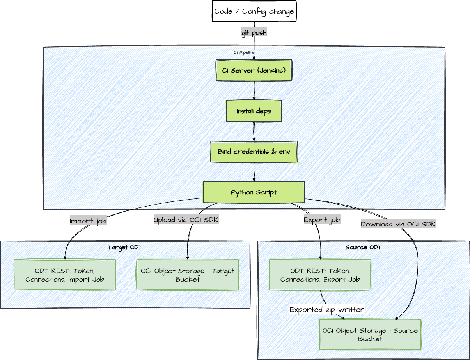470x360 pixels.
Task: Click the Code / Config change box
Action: point(254,11)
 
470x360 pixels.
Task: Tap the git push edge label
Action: point(254,33)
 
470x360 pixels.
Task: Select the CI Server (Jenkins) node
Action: point(254,71)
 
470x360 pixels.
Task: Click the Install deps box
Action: point(254,111)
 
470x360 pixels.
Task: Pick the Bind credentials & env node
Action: point(254,151)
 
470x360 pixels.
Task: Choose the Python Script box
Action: point(254,192)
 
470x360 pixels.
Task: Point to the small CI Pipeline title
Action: point(244,52)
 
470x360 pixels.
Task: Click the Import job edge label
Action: point(88,221)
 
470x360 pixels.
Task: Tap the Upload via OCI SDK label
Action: point(186,220)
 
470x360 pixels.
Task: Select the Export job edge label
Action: point(322,220)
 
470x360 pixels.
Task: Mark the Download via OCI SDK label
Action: point(398,224)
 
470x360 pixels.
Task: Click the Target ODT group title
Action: point(125,248)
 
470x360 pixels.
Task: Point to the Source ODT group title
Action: point(363,248)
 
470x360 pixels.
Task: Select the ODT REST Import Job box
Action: point(65,275)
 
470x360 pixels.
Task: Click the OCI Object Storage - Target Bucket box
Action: point(188,275)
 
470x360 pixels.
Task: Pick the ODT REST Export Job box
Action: point(320,275)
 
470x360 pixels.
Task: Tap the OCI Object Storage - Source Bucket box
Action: point(370,335)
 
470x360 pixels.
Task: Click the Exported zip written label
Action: point(327,310)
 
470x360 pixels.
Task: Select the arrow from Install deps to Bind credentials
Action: point(254,131)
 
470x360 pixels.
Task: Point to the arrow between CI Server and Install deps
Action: point(254,91)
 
